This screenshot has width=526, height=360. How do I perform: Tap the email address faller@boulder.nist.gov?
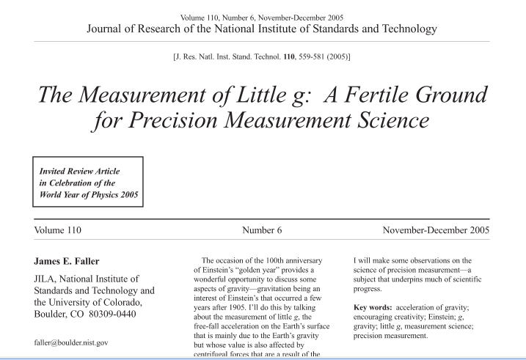(x=71, y=342)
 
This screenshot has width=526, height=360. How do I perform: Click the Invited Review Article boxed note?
(x=88, y=182)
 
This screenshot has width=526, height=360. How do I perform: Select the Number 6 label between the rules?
(x=262, y=230)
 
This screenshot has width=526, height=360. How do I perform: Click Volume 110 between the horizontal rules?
(x=58, y=230)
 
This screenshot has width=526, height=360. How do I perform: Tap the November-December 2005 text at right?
(x=436, y=230)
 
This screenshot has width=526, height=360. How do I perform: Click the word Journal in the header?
(x=107, y=29)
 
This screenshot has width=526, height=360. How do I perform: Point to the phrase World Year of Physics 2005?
(x=88, y=194)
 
